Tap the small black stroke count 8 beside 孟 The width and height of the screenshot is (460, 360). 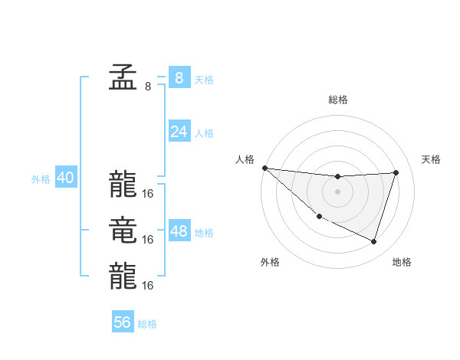tap(148, 87)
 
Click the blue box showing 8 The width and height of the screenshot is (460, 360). tap(179, 77)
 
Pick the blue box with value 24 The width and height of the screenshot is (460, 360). tap(179, 132)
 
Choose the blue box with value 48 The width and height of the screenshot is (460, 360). tap(179, 231)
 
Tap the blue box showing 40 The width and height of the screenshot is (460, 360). tap(66, 178)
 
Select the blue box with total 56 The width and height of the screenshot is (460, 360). tap(123, 322)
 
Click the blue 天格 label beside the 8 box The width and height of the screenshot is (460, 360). tap(204, 80)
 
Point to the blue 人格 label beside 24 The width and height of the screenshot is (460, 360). tap(204, 133)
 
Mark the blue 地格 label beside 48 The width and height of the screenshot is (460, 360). tap(204, 233)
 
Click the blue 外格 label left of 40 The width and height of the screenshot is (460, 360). tap(41, 180)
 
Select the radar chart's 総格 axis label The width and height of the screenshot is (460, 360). tap(338, 100)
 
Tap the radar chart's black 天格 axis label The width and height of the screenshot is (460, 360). tap(432, 159)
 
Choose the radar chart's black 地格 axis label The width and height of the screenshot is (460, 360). tap(402, 263)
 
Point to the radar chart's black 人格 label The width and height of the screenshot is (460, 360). tap(245, 159)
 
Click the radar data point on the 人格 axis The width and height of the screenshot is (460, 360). tap(264, 168)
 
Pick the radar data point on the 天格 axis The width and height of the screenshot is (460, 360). tap(396, 172)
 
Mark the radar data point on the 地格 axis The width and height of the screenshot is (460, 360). tap(373, 241)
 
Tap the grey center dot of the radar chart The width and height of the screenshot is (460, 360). tap(337, 191)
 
